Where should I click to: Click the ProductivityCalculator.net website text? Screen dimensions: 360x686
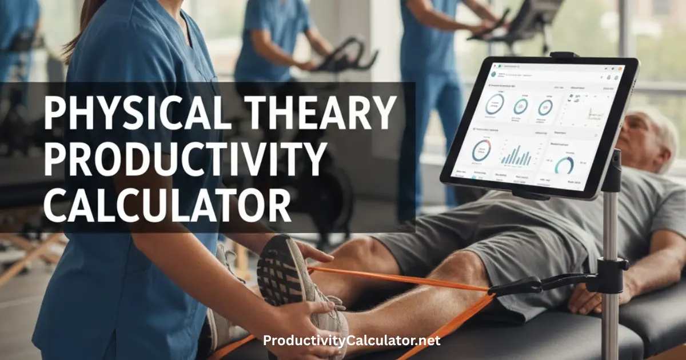(x=352, y=341)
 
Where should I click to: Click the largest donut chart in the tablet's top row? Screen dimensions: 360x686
(x=494, y=105)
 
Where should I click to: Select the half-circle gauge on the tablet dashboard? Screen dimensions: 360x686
(x=564, y=166)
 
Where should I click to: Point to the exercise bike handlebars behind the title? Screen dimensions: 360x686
(x=349, y=57)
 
